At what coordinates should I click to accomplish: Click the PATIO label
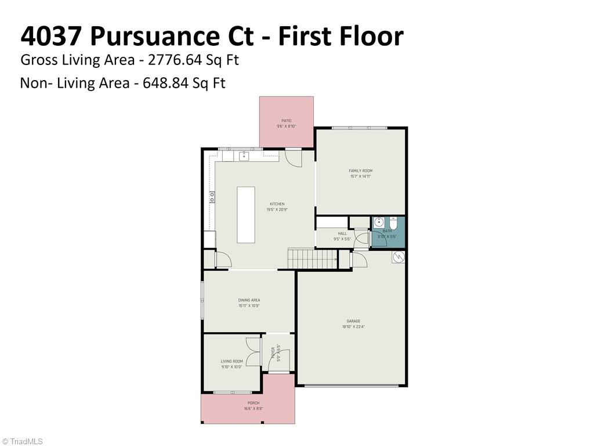287,121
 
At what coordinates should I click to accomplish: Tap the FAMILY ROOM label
360,171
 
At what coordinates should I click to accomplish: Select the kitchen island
245,214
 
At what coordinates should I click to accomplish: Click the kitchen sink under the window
244,155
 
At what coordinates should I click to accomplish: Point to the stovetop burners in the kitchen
212,197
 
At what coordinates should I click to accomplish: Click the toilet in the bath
393,223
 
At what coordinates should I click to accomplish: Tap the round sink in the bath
379,222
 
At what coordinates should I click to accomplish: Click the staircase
313,259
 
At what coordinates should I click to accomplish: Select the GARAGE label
353,321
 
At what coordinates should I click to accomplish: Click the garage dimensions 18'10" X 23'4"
353,327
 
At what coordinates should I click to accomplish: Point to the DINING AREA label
249,300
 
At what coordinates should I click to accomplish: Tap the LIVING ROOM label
231,361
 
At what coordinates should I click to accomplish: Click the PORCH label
253,403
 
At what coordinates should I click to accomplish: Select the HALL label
342,233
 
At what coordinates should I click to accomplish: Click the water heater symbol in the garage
398,257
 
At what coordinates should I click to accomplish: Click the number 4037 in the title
51,36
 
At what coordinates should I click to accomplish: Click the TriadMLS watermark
23,441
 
